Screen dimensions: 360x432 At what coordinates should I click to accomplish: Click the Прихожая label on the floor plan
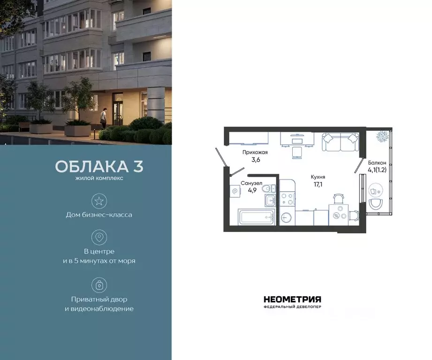point(255,152)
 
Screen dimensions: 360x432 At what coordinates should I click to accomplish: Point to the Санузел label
point(248,183)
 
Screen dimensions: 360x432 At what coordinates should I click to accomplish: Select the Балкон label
point(377,163)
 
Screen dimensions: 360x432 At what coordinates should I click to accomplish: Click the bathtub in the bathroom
point(257,217)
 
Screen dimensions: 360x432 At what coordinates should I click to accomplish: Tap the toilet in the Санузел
point(266,188)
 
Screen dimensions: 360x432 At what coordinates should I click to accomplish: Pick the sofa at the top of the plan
point(340,141)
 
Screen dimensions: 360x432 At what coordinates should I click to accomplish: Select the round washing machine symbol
point(287,217)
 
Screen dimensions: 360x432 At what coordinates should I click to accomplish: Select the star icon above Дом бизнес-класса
point(99,201)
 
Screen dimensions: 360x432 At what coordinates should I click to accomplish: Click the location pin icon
point(99,237)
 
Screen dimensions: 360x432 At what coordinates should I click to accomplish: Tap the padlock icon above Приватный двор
point(99,285)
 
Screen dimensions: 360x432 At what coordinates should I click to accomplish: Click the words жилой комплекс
point(99,179)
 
